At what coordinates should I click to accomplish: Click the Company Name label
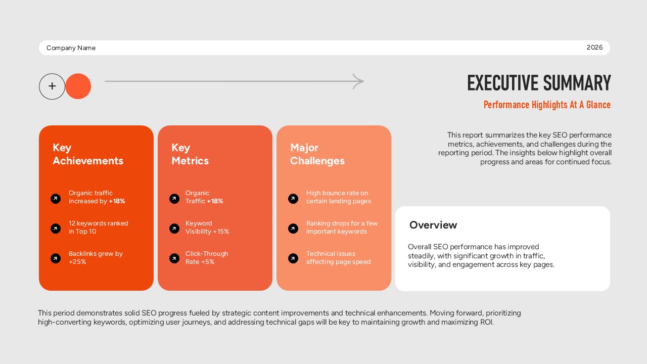tap(71, 48)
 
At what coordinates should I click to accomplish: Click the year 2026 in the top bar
tap(594, 48)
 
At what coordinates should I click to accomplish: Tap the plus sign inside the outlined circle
tap(52, 86)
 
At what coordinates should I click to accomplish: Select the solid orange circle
tap(78, 86)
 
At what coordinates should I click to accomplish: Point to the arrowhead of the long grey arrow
tap(358, 81)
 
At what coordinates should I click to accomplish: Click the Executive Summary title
tap(539, 83)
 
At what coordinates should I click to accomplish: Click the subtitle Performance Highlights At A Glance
tap(547, 105)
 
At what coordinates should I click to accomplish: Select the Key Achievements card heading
tap(88, 154)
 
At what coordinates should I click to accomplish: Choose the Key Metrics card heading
tap(190, 154)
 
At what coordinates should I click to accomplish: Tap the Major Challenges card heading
tap(317, 154)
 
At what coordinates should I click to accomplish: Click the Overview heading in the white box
tap(433, 225)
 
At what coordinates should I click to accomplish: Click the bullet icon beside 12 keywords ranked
tap(56, 229)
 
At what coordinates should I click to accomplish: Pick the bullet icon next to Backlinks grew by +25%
tap(56, 258)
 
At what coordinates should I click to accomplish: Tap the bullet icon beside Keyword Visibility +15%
tap(174, 229)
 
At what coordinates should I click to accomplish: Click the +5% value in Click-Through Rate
tap(208, 262)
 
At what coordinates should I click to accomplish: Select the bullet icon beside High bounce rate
tap(293, 199)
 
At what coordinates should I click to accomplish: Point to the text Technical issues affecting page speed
tap(338, 258)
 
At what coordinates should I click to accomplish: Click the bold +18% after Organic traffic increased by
tap(117, 201)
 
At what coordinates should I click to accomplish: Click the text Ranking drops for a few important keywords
tap(342, 227)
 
